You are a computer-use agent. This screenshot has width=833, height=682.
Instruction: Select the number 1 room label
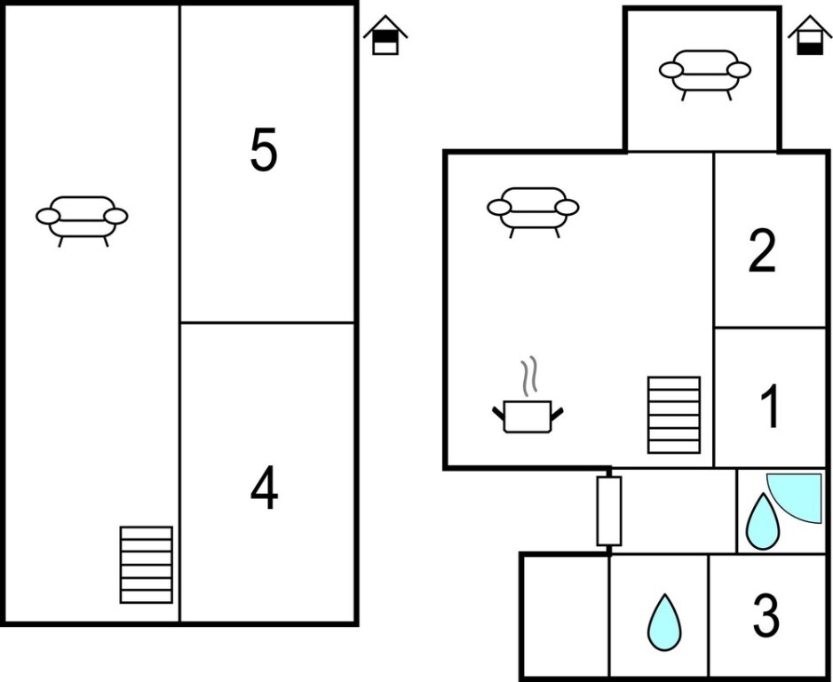pyautogui.click(x=770, y=407)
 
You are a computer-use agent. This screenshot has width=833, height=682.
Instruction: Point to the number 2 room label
pyautogui.click(x=762, y=251)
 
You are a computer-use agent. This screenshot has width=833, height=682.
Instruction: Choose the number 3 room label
pyautogui.click(x=766, y=615)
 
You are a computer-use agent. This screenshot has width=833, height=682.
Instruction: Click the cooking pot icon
pyautogui.click(x=528, y=416)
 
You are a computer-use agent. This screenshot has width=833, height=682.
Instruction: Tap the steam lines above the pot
pyautogui.click(x=529, y=377)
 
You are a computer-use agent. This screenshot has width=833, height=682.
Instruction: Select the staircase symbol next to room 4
pyautogui.click(x=146, y=565)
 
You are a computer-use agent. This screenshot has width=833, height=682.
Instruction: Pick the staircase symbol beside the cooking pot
pyautogui.click(x=673, y=415)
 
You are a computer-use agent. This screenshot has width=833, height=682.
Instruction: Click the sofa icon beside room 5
pyautogui.click(x=82, y=218)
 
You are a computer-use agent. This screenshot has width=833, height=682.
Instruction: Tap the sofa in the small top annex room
pyautogui.click(x=705, y=72)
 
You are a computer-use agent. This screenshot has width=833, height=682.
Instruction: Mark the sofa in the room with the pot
pyautogui.click(x=533, y=209)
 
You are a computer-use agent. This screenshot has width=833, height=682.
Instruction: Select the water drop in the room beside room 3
pyautogui.click(x=663, y=621)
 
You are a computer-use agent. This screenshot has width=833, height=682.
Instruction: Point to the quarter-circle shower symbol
pyautogui.click(x=798, y=496)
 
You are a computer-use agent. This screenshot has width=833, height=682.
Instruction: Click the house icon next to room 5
pyautogui.click(x=385, y=36)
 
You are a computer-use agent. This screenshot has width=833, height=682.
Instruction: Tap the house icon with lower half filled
pyautogui.click(x=809, y=36)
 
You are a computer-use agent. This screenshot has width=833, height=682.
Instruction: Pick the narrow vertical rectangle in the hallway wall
pyautogui.click(x=608, y=511)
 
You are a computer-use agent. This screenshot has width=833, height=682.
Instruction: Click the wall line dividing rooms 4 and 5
pyautogui.click(x=268, y=322)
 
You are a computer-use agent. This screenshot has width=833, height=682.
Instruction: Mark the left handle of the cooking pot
pyautogui.click(x=498, y=411)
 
